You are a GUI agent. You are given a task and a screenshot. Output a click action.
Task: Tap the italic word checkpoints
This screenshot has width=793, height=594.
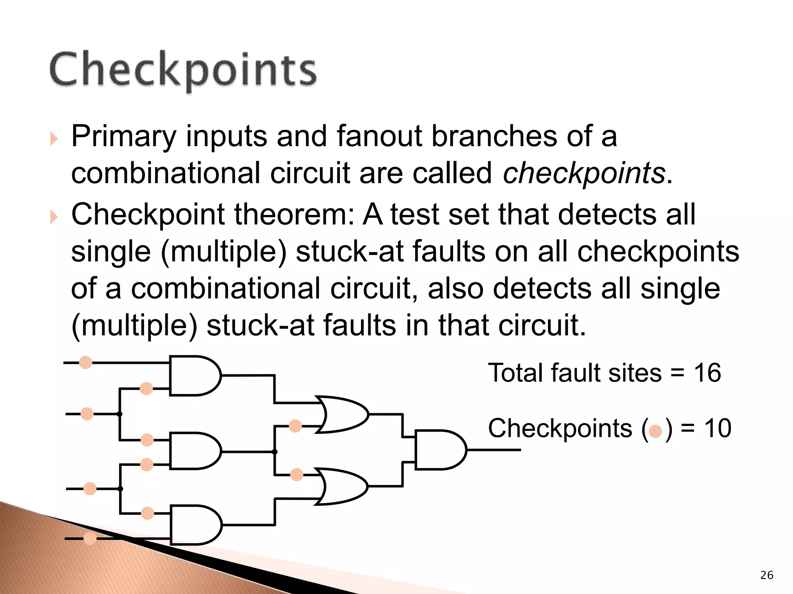pyautogui.click(x=584, y=173)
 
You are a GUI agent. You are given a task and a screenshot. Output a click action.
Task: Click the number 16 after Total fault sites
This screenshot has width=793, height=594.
pyautogui.click(x=707, y=373)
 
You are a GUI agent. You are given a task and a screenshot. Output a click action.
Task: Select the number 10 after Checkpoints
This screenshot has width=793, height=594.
pyautogui.click(x=717, y=428)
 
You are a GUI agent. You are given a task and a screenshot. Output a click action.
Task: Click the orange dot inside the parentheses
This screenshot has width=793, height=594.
pyautogui.click(x=656, y=431)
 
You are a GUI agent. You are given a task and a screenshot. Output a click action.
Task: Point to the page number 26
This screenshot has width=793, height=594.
pyautogui.click(x=767, y=575)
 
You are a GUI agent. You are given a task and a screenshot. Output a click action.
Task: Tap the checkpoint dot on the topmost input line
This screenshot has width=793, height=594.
pyautogui.click(x=86, y=362)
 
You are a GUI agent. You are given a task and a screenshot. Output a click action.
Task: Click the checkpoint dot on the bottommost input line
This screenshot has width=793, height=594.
pyautogui.click(x=90, y=538)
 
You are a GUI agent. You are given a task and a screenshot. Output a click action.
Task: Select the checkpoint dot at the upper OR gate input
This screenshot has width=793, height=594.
pyautogui.click(x=295, y=426)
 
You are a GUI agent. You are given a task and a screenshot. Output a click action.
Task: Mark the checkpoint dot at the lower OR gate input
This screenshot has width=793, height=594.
pyautogui.click(x=297, y=475)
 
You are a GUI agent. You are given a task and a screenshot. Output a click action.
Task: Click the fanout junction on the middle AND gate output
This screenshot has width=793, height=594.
pyautogui.click(x=275, y=452)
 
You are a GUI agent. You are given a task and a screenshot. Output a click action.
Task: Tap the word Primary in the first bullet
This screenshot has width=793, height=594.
pyautogui.click(x=124, y=136)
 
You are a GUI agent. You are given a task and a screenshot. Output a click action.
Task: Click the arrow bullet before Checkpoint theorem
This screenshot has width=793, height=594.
pyautogui.click(x=54, y=217)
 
